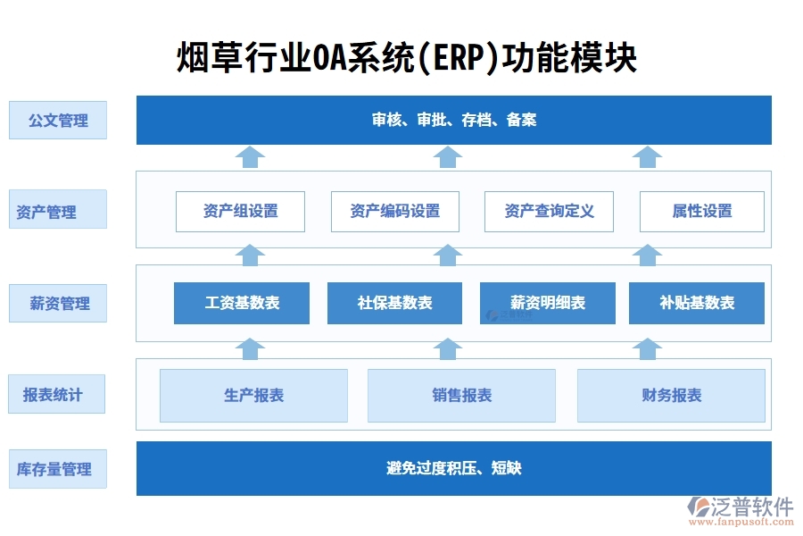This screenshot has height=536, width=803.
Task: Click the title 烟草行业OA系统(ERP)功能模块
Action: pyautogui.click(x=406, y=58)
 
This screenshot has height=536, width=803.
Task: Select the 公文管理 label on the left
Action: pyautogui.click(x=58, y=121)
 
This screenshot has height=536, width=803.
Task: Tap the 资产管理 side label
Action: pyautogui.click(x=58, y=212)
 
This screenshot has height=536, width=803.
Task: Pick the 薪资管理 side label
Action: pyautogui.click(x=58, y=304)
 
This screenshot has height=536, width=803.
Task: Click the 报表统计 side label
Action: pyautogui.click(x=58, y=394)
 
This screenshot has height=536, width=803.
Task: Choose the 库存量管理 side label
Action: pyautogui.click(x=58, y=469)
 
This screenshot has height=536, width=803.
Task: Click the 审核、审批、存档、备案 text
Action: pyautogui.click(x=453, y=120)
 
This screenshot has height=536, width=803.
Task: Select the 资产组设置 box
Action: pyautogui.click(x=240, y=212)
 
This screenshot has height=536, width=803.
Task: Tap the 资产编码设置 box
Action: pyautogui.click(x=394, y=212)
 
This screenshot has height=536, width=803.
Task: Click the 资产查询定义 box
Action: pyautogui.click(x=549, y=212)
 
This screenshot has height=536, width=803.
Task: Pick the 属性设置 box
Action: pyautogui.click(x=701, y=212)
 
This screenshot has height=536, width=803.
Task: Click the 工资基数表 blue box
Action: pyautogui.click(x=242, y=303)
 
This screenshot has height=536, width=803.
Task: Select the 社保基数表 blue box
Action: pyautogui.click(x=394, y=303)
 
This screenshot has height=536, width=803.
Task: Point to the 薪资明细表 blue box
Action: pyautogui.click(x=548, y=303)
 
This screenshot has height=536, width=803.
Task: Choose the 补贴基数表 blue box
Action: pyautogui.click(x=697, y=303)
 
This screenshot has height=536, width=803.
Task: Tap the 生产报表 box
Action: pyautogui.click(x=253, y=396)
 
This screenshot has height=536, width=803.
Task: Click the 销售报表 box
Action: pyautogui.click(x=461, y=396)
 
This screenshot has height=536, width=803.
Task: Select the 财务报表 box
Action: pyautogui.click(x=671, y=396)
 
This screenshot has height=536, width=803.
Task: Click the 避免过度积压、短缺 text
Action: pyautogui.click(x=453, y=468)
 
